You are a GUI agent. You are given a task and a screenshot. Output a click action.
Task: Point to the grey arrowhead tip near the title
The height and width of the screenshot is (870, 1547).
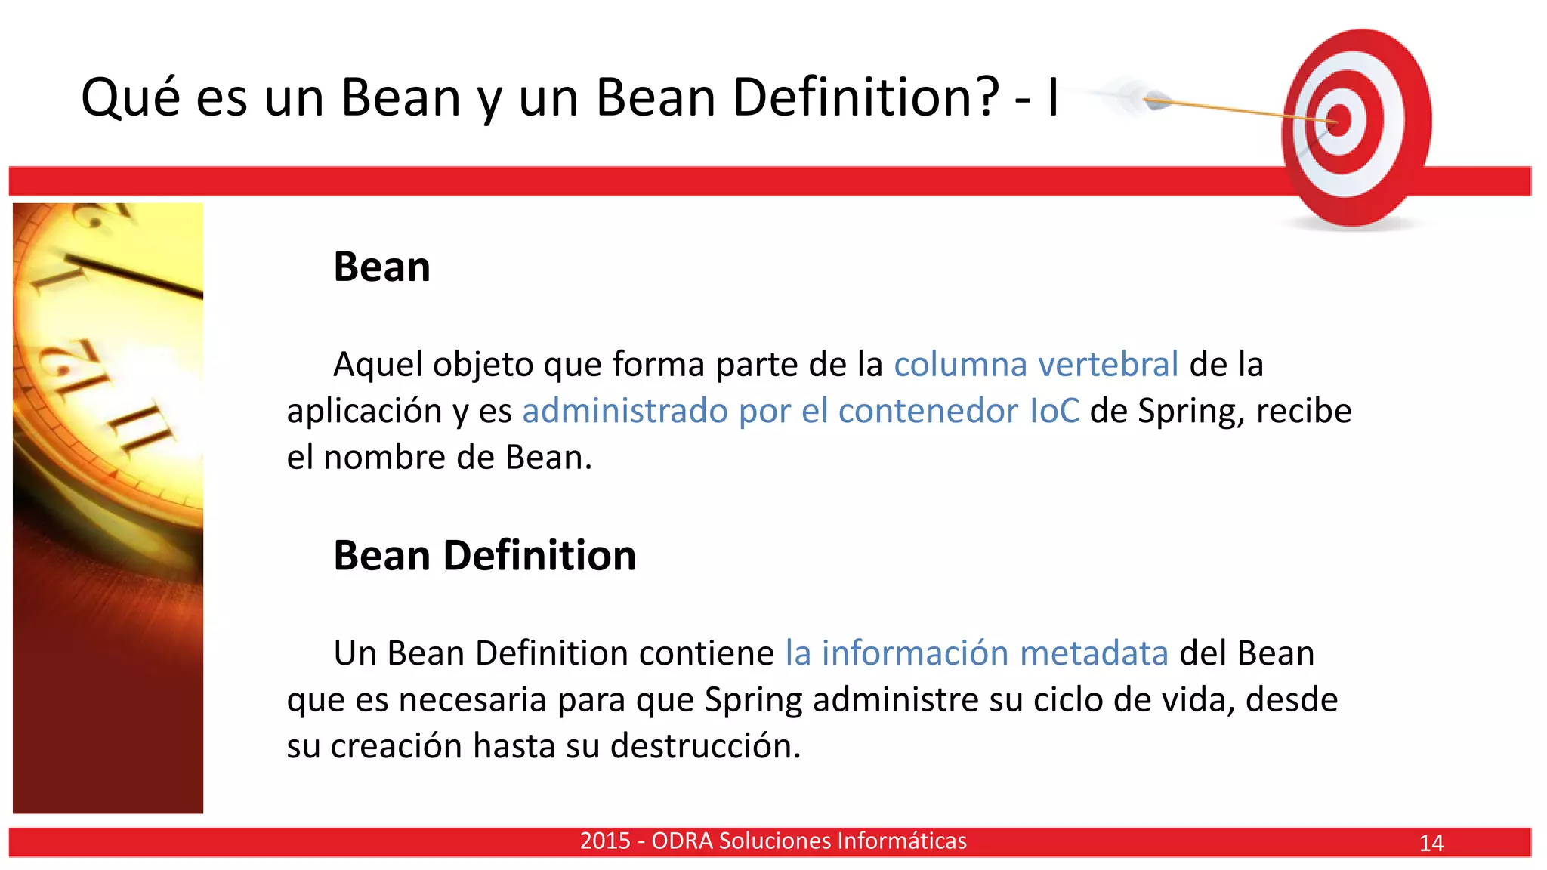click(1156, 100)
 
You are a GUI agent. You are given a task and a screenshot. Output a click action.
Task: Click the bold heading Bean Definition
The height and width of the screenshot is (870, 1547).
click(484, 556)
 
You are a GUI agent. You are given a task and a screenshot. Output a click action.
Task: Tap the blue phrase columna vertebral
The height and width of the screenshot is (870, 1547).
click(1036, 364)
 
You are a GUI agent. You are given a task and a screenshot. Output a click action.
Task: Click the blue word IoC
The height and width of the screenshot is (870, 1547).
click(1054, 411)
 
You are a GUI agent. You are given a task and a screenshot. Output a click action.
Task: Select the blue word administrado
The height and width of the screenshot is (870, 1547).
click(625, 411)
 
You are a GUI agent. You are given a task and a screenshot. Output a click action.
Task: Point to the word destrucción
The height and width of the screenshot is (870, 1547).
click(705, 746)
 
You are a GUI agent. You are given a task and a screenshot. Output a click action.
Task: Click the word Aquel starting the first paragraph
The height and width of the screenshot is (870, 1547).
click(377, 364)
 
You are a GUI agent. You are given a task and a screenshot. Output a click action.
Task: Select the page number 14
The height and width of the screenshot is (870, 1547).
click(1431, 843)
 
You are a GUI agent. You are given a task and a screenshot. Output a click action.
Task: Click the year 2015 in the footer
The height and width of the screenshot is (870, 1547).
click(605, 841)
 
